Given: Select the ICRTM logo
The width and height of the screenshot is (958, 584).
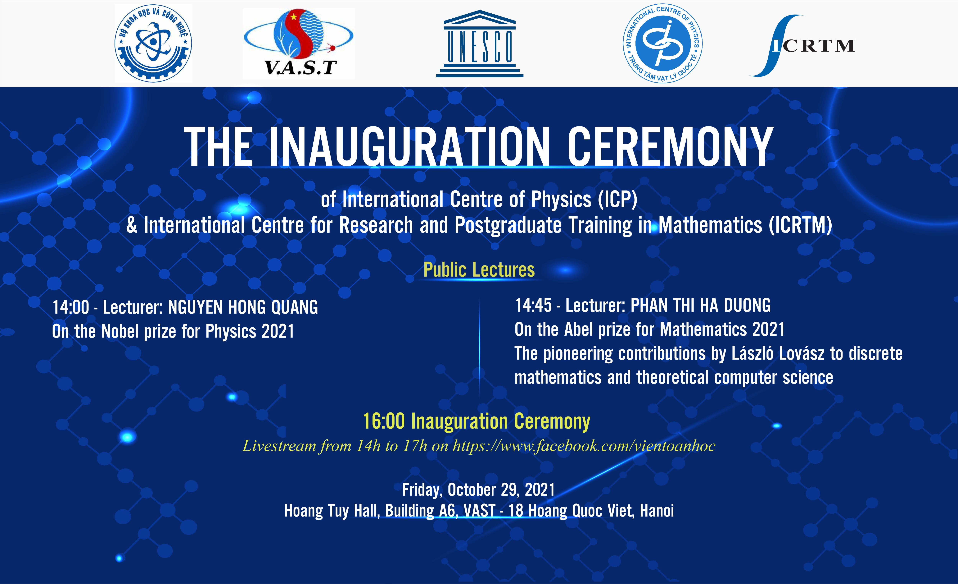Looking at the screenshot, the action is (802, 46).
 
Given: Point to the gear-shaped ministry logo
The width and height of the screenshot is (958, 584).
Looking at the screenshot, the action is (153, 43).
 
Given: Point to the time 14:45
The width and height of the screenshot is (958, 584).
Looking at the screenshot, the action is (533, 305).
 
